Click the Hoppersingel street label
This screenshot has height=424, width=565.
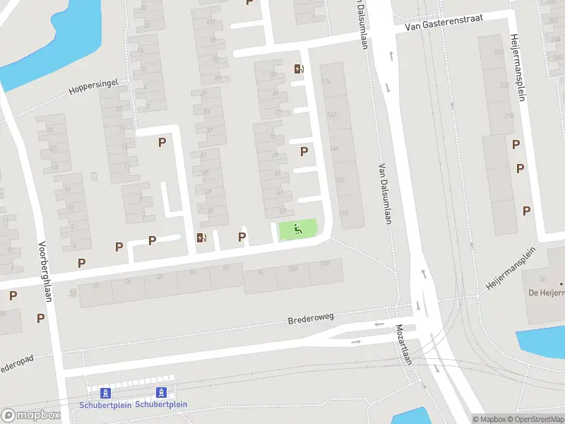93,86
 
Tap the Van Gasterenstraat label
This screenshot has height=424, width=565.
444,23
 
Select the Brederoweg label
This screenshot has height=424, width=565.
310,319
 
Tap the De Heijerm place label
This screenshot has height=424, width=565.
545,292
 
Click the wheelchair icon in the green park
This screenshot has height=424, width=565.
298,228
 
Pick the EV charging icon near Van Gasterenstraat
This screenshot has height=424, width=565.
299,69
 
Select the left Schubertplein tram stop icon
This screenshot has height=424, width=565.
105,393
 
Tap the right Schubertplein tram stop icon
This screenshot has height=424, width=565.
162,393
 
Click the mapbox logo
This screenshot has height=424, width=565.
31,416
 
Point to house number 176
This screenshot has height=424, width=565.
326,83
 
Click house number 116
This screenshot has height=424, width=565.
343,213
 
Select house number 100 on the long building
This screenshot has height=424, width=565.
293,269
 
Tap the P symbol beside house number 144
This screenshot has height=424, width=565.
304,151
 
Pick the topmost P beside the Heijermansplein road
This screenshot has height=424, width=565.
516,145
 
